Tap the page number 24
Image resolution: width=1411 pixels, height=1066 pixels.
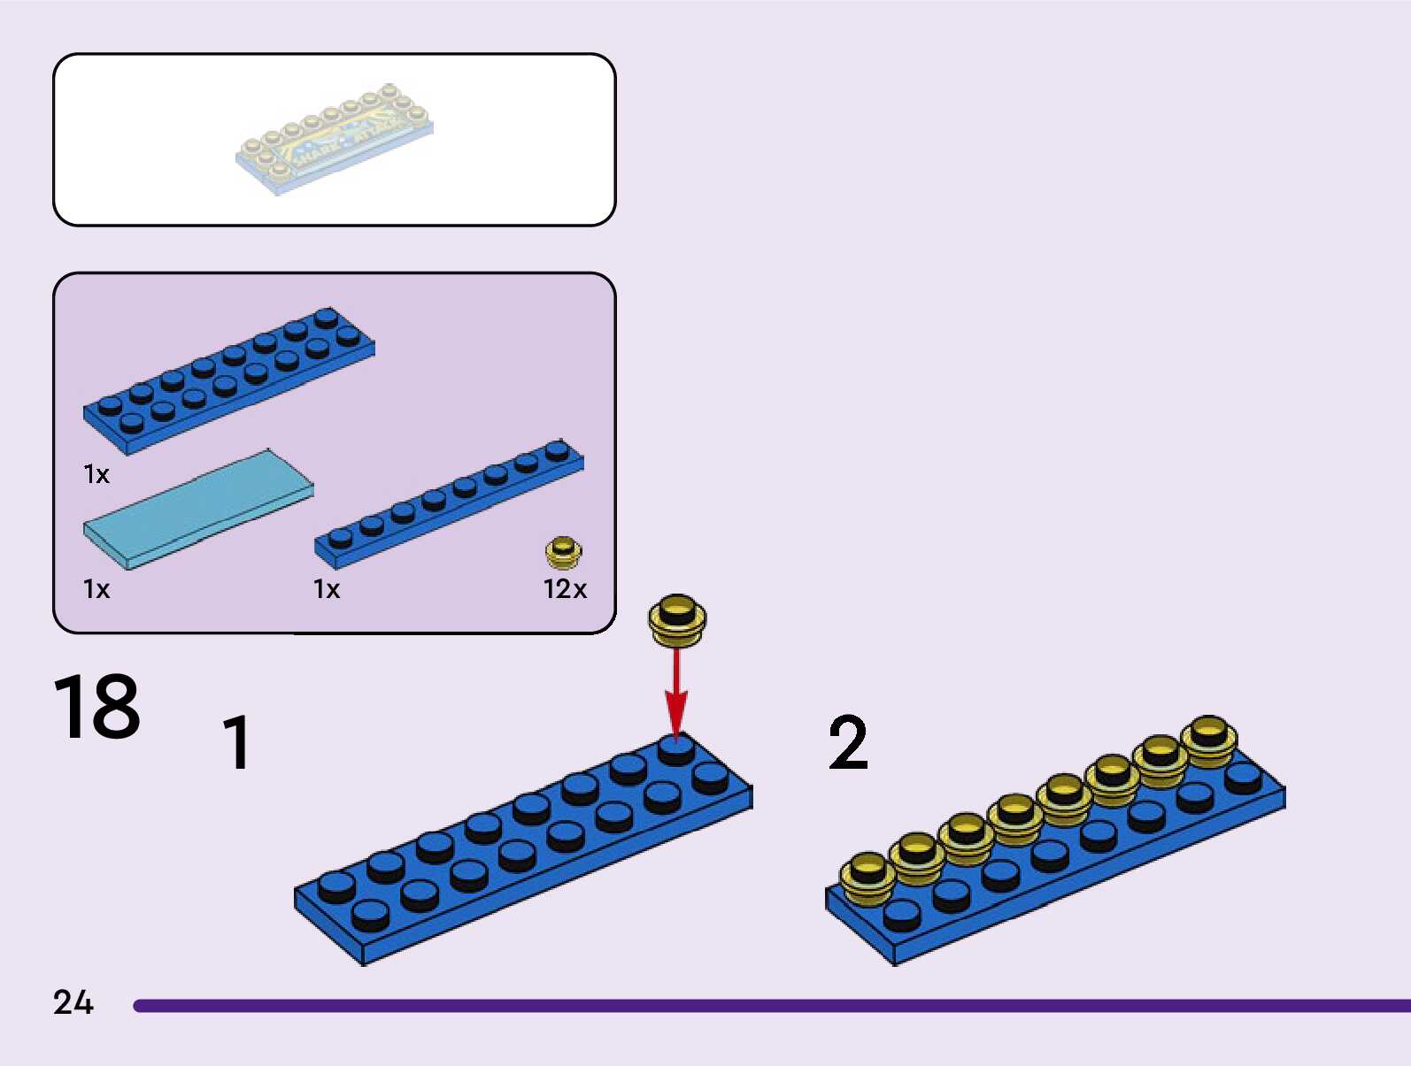[x=73, y=1002]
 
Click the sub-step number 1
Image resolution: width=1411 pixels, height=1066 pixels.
[x=236, y=742]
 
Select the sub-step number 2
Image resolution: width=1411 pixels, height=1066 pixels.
[x=847, y=743]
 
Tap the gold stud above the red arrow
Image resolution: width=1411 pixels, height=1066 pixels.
[x=677, y=618]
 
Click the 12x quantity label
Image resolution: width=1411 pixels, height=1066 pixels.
[x=565, y=589]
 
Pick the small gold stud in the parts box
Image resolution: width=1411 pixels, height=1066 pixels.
[x=563, y=552]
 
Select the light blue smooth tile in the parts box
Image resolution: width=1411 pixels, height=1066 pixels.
[x=198, y=509]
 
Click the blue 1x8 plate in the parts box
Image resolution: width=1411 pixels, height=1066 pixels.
[x=449, y=503]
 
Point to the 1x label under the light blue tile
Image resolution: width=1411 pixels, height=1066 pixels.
[x=96, y=589]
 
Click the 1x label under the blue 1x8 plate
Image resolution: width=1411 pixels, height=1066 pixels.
[x=327, y=589]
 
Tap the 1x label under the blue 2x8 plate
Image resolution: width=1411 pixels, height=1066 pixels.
[x=96, y=475]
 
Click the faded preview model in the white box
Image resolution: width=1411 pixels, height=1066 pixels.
[x=335, y=140]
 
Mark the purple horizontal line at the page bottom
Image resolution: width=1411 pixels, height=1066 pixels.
[x=770, y=1006]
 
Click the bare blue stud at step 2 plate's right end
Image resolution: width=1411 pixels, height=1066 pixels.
[x=1243, y=778]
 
